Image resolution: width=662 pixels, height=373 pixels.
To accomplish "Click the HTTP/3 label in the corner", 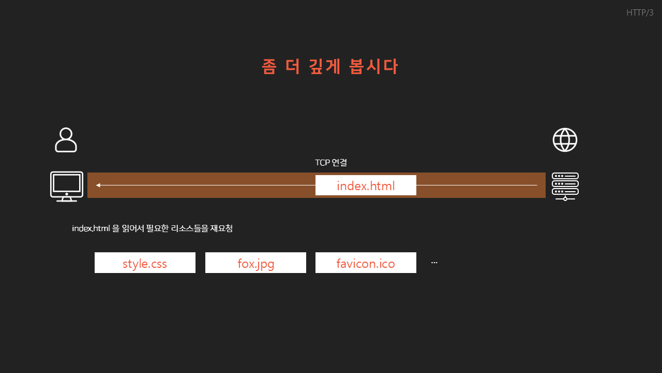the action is click(640, 13).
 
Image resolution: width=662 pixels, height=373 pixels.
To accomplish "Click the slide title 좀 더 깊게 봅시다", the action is click(330, 67).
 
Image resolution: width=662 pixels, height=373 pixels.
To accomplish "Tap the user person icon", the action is click(66, 140).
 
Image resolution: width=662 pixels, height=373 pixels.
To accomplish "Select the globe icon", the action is click(565, 140).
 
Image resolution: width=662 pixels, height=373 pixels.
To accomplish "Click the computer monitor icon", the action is click(67, 186).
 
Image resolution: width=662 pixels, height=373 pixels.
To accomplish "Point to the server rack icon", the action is click(565, 186).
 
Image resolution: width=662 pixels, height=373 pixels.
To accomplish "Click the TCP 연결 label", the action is click(331, 163).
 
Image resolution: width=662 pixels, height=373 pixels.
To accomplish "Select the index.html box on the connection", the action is click(366, 185).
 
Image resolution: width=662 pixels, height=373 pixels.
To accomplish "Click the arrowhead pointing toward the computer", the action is click(98, 185).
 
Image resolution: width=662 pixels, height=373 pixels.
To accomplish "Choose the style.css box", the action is click(145, 263).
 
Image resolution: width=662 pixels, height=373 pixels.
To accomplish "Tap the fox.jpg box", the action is click(255, 263).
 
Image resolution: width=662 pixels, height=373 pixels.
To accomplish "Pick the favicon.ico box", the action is click(366, 263).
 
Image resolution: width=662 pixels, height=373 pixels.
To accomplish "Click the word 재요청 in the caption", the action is click(221, 228).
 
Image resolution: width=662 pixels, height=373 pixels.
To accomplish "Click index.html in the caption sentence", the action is click(91, 228).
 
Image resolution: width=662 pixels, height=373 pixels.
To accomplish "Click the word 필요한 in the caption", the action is click(157, 228).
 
